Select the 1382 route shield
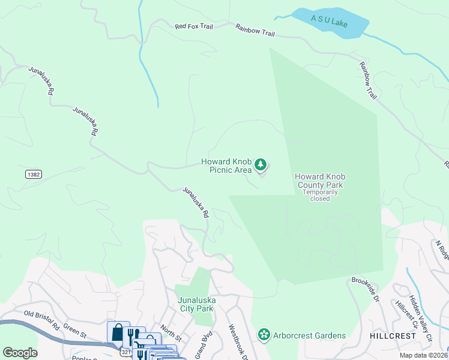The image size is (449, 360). (34, 174)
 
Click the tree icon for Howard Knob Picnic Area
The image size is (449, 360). (261, 164)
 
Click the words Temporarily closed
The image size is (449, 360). (320, 196)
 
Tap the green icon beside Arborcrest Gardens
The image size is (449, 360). (263, 335)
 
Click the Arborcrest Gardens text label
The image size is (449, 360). (309, 335)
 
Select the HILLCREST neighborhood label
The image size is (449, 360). (393, 336)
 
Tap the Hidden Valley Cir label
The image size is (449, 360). (420, 318)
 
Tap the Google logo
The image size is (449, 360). (20, 353)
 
